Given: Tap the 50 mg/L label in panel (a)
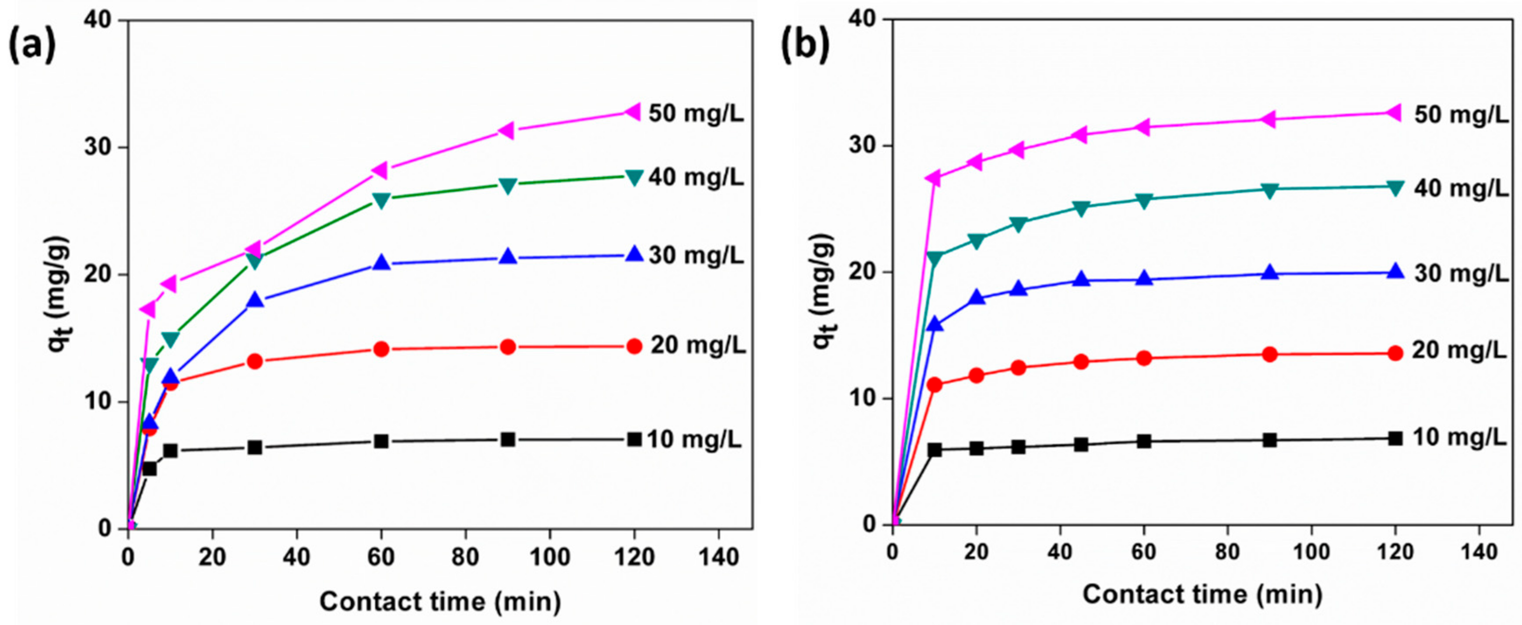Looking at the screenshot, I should [x=696, y=113].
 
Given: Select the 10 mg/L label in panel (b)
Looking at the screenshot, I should [x=1459, y=437].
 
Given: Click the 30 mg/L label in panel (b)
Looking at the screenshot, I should [x=1459, y=273].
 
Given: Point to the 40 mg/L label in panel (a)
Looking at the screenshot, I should [x=696, y=177].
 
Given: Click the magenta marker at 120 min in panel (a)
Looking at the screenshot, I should [x=633, y=111].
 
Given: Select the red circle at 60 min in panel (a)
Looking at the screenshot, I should [x=382, y=349].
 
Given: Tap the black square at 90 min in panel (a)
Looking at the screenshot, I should [x=508, y=439].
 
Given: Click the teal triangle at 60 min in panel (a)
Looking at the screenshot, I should [x=382, y=200].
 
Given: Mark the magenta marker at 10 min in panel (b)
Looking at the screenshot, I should [x=934, y=178].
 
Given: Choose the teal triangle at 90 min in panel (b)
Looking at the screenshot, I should [x=1270, y=190].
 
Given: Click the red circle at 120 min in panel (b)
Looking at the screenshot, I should [x=1395, y=353].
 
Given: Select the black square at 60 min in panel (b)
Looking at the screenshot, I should [x=1144, y=441].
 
